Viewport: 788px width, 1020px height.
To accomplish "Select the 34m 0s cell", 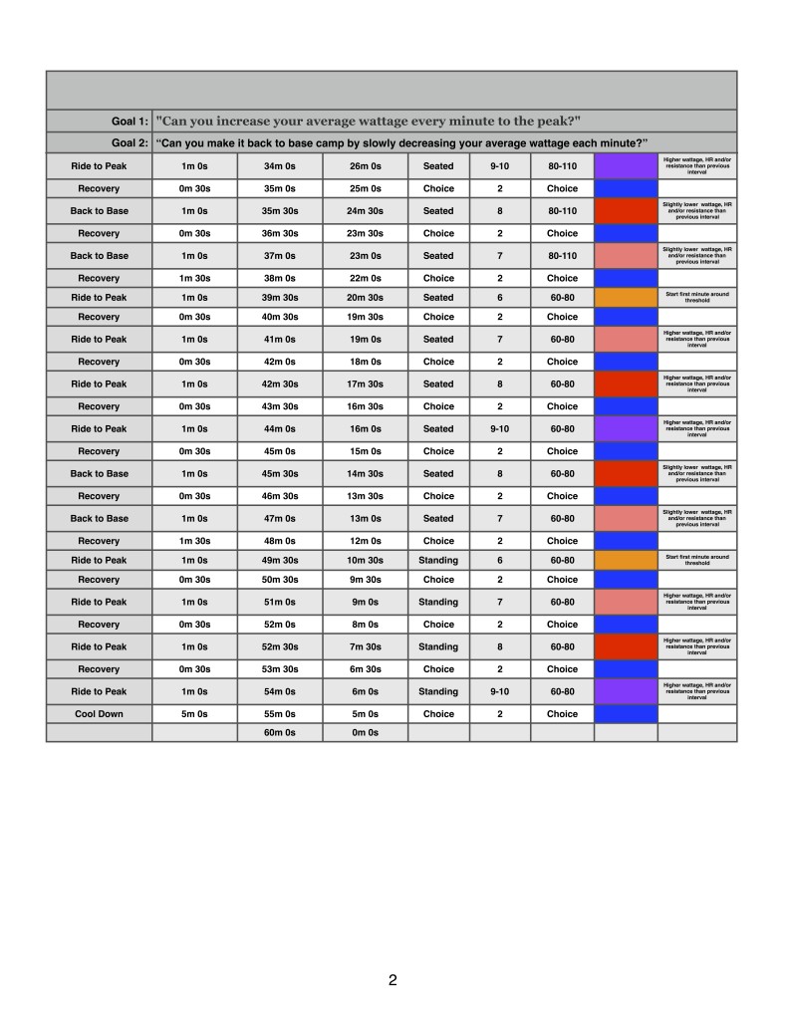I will [x=279, y=166].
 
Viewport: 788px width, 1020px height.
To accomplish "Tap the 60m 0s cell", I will [x=279, y=733].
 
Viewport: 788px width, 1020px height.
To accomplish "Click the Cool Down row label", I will [x=99, y=714].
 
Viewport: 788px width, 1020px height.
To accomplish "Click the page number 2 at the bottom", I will [x=393, y=980].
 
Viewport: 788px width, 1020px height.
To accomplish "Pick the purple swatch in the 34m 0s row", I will [x=626, y=166].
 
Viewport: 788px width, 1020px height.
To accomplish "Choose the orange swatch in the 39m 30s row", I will [x=626, y=297].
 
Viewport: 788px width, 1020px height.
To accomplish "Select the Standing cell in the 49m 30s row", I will [x=438, y=560].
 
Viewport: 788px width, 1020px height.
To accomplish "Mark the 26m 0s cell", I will [x=365, y=166].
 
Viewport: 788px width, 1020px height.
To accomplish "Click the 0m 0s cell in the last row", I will [x=365, y=733].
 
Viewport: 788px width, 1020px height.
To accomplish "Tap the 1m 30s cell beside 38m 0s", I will [x=193, y=278].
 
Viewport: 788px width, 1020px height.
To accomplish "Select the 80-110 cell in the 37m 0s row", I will [x=562, y=256].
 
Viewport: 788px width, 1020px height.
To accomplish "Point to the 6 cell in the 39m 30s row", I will [x=500, y=297].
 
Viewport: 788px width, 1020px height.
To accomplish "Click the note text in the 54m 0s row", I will [x=697, y=691].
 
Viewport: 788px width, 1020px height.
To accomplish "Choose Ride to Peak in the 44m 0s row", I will [x=99, y=428].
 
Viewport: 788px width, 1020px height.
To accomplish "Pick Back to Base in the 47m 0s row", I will [x=99, y=518].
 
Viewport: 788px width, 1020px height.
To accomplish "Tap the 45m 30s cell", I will [x=279, y=473].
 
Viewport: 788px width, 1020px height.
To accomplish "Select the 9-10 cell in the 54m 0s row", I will [x=500, y=691].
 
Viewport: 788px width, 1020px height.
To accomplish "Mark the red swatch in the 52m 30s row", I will [x=626, y=646].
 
